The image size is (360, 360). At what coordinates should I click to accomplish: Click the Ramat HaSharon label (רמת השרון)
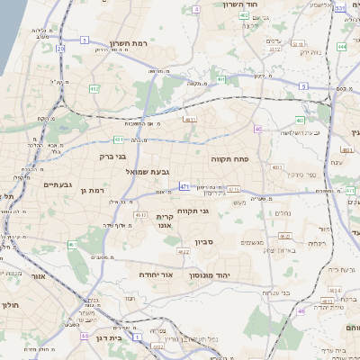[128, 43]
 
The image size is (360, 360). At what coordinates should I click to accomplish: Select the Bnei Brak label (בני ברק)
[118, 157]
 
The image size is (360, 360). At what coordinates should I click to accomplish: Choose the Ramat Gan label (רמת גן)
[92, 190]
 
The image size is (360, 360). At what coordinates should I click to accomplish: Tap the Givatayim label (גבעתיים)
[57, 184]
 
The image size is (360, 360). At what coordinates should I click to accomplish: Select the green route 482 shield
[94, 89]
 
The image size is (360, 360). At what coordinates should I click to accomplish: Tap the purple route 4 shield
[196, 9]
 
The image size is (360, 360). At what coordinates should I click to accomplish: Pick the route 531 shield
[339, 8]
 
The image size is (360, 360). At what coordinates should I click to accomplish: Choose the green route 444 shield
[342, 46]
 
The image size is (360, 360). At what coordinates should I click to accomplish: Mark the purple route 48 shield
[301, 310]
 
